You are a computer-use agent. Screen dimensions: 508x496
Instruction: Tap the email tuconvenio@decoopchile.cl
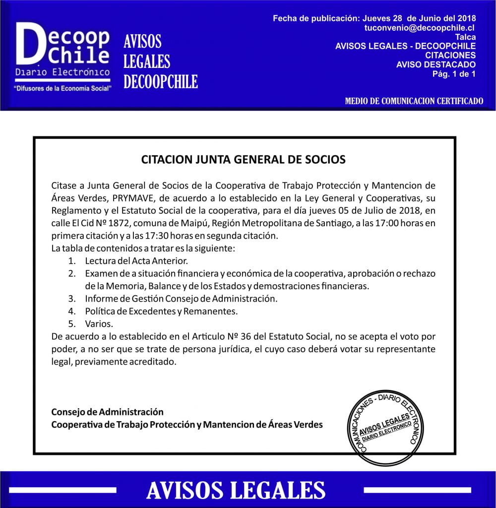click(420, 28)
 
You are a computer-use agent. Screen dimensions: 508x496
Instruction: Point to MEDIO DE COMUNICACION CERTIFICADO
click(414, 101)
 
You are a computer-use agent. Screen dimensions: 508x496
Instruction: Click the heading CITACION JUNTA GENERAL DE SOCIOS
click(243, 160)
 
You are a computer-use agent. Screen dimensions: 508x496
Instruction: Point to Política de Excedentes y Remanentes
click(161, 311)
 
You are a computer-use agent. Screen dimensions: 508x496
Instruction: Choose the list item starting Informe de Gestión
click(181, 299)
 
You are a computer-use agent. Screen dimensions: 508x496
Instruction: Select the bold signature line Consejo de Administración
click(107, 412)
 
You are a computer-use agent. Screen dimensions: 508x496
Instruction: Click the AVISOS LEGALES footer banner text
click(236, 490)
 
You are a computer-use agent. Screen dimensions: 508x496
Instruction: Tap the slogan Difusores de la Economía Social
click(63, 88)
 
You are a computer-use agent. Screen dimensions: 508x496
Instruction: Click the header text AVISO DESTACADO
click(436, 64)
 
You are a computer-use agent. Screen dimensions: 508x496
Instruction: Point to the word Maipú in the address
click(212, 223)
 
